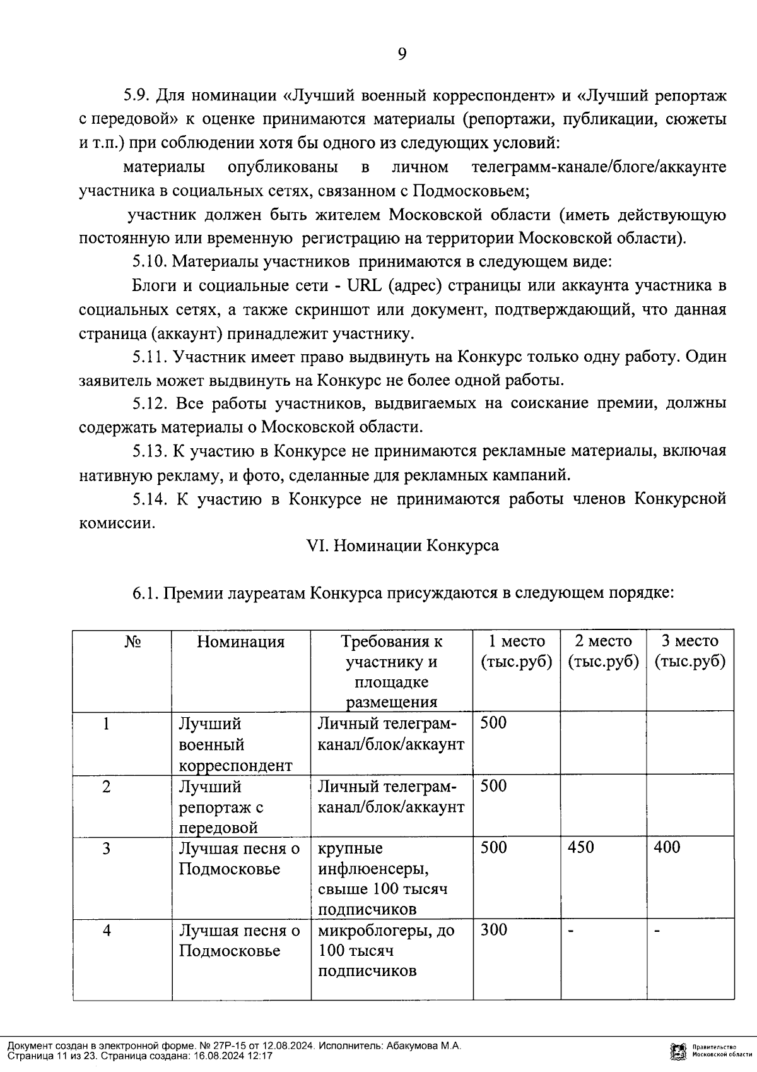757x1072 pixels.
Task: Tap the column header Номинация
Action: pyautogui.click(x=240, y=642)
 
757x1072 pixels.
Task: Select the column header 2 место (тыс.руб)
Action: pyautogui.click(x=603, y=652)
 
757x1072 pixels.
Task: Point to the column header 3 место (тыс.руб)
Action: pyautogui.click(x=690, y=652)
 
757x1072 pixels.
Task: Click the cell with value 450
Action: pyautogui.click(x=580, y=847)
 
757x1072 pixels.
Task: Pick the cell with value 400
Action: pyautogui.click(x=667, y=847)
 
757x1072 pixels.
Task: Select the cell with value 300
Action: pyautogui.click(x=493, y=930)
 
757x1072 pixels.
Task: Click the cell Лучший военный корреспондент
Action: pyautogui.click(x=235, y=744)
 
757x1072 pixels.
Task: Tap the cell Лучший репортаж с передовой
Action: pyautogui.click(x=221, y=807)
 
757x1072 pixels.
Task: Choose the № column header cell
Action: pyautogui.click(x=132, y=642)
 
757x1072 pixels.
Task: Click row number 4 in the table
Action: pyautogui.click(x=107, y=931)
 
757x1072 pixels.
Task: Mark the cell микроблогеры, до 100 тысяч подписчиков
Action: pyautogui.click(x=386, y=951)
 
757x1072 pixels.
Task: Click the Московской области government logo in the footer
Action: pyautogui.click(x=678, y=1051)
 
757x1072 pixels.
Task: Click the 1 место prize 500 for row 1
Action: pyautogui.click(x=493, y=723)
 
